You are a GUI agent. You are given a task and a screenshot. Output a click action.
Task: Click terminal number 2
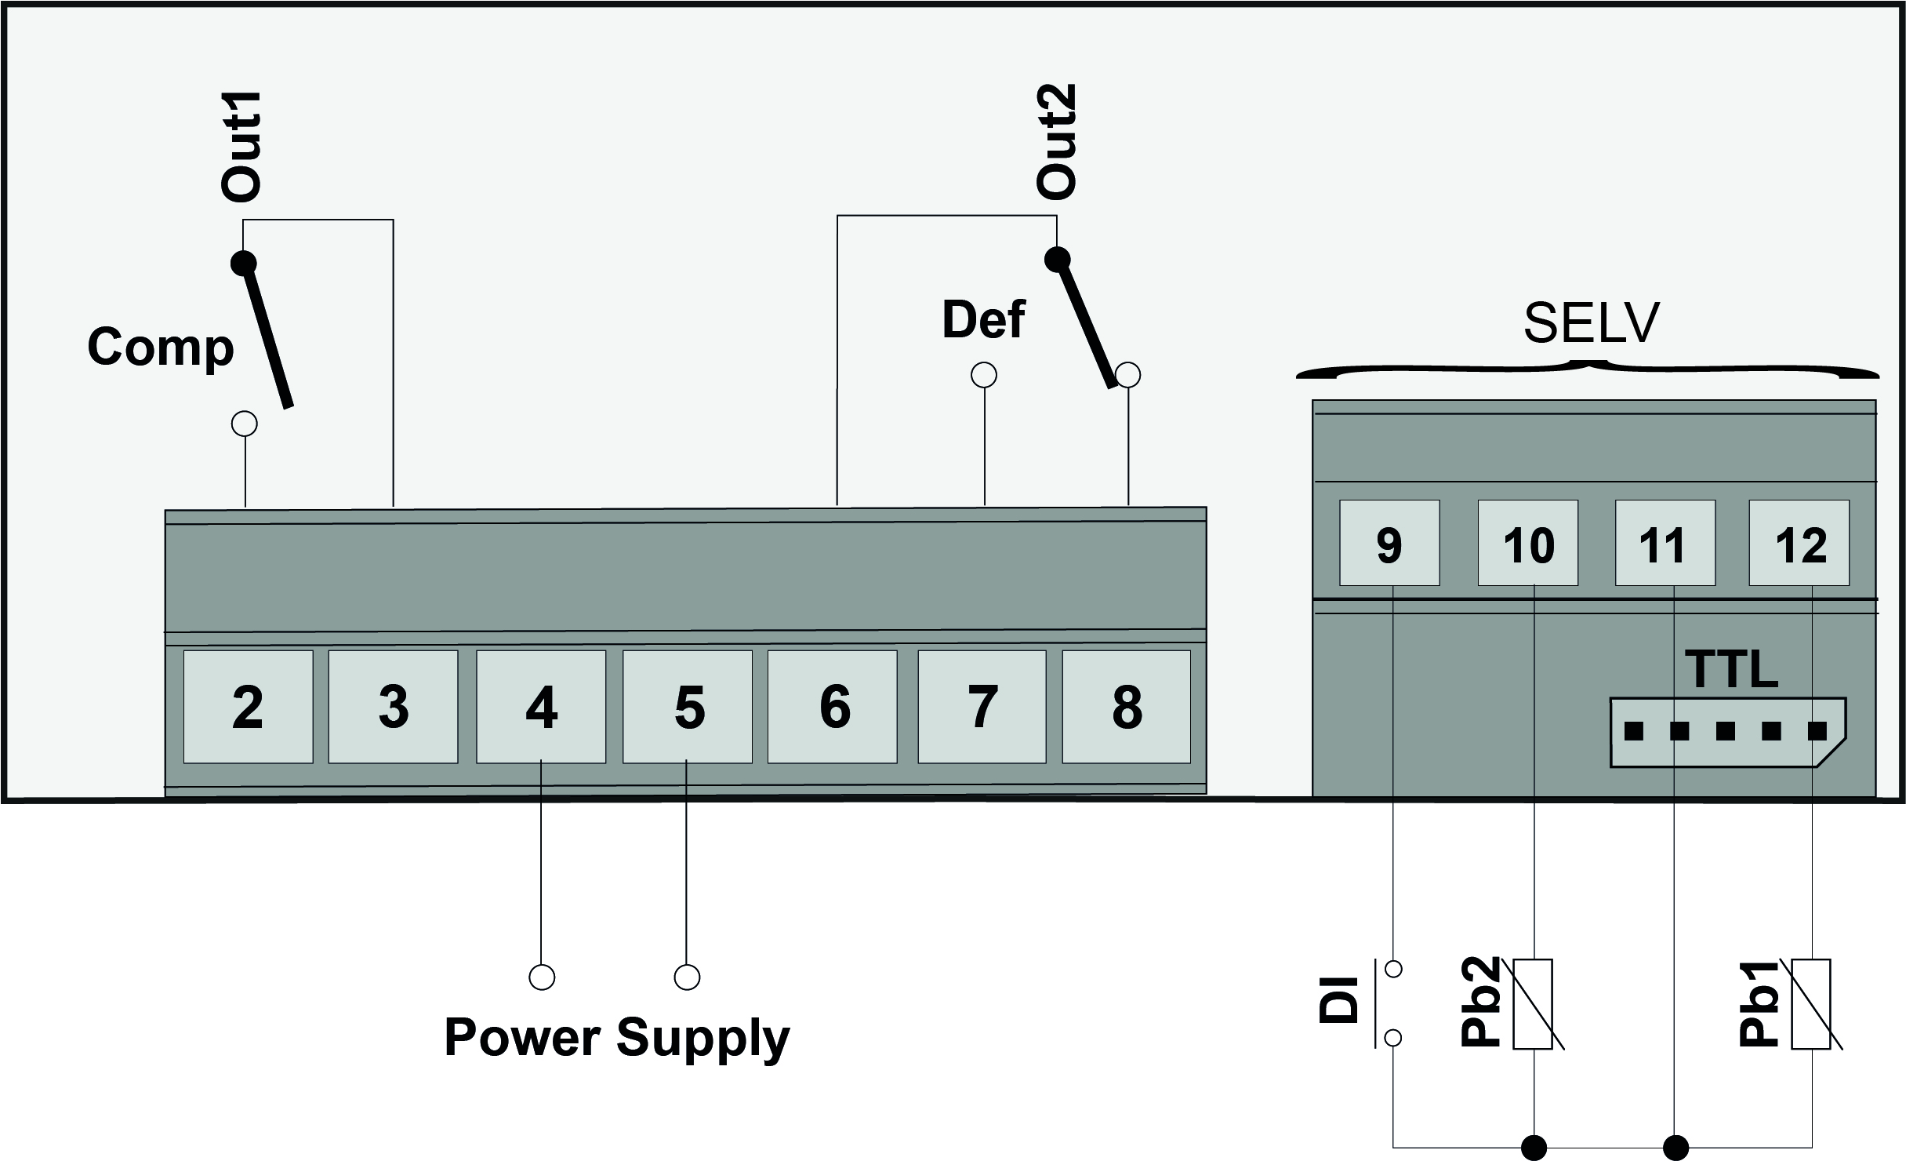[248, 707]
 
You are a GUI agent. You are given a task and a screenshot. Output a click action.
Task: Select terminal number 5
[688, 707]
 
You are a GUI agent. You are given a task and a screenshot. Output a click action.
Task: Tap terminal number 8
[1126, 707]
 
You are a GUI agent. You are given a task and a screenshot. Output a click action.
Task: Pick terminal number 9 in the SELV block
[1389, 544]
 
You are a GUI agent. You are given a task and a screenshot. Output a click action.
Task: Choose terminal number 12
[1800, 544]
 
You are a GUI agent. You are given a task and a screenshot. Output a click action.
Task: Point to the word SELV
[1591, 322]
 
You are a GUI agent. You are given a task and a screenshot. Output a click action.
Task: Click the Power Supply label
[617, 1037]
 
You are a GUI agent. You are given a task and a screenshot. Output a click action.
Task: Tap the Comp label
[161, 347]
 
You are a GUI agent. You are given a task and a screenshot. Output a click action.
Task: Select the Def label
[983, 320]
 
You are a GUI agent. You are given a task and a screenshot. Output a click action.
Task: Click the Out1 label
[240, 147]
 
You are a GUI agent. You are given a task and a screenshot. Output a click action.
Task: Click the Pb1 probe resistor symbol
[1811, 1004]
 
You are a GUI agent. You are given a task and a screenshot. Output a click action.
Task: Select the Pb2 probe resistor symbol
[1533, 1004]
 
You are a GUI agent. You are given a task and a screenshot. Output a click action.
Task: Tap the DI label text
[1338, 999]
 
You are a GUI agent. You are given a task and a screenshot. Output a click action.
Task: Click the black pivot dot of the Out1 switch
[244, 262]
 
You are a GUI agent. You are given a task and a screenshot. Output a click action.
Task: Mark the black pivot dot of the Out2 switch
[1058, 258]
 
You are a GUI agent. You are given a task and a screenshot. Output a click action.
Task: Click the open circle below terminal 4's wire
[542, 977]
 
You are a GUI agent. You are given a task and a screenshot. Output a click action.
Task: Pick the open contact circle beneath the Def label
[984, 376]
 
